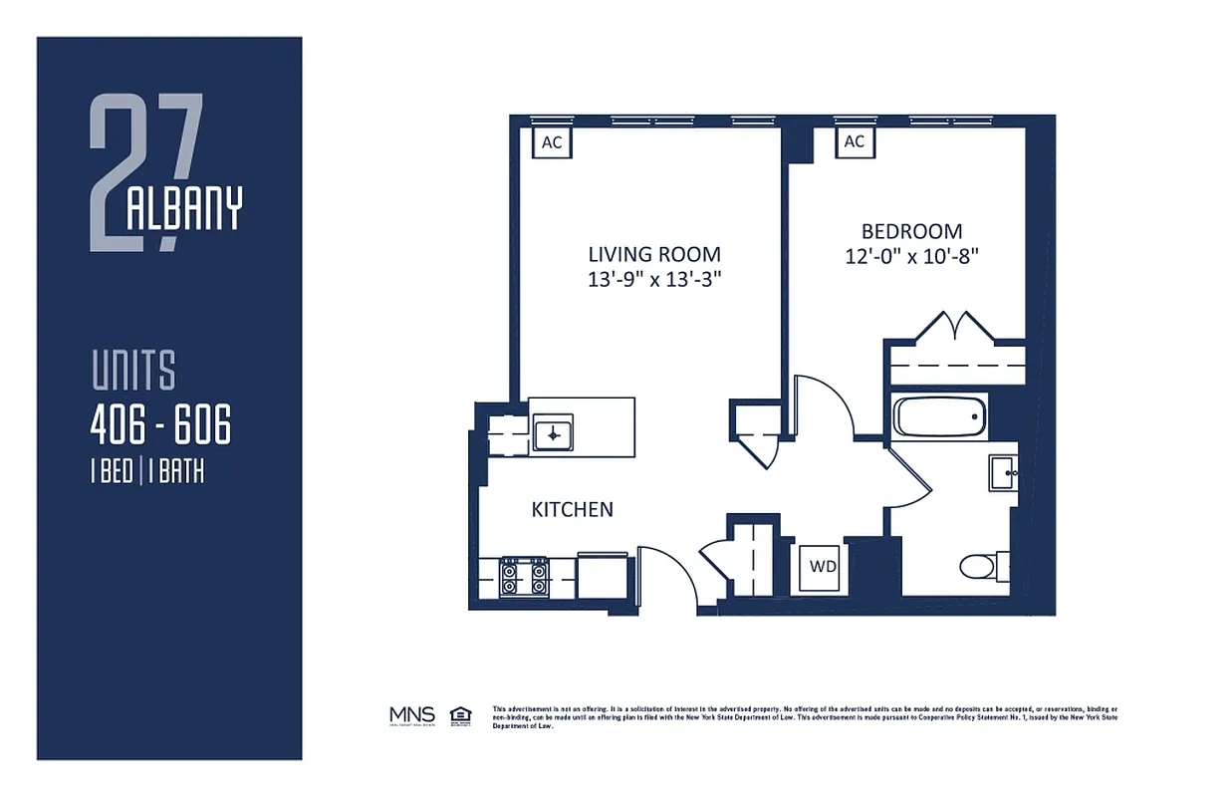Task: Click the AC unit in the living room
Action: point(552,142)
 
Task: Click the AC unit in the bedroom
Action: point(854,142)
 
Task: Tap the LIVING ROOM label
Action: point(654,254)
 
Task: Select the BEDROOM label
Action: point(911,231)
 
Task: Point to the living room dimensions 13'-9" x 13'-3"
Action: point(654,280)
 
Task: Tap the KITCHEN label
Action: point(573,509)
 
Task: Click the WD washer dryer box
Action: point(822,567)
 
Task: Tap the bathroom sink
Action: point(1002,472)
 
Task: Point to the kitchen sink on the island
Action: point(552,433)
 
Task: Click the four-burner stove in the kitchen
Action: point(524,576)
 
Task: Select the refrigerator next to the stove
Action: point(602,576)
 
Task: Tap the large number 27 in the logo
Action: point(144,171)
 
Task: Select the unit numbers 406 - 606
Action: point(160,427)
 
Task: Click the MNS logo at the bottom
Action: point(411,715)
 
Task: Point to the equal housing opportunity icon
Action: point(460,715)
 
